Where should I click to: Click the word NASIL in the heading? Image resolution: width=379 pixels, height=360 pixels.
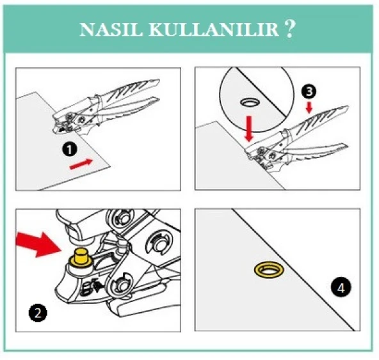click(x=105, y=29)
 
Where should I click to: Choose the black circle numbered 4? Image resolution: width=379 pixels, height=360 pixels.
click(x=342, y=287)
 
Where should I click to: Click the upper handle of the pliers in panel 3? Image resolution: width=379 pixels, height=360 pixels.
click(x=320, y=125)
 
